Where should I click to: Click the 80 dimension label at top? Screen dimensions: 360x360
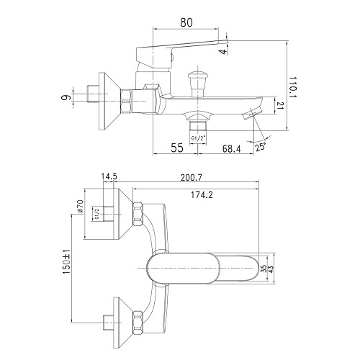coord(186,22)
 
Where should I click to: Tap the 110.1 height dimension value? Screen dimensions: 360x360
coord(293,87)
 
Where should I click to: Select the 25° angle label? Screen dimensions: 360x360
coord(261,146)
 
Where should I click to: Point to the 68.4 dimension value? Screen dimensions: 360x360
coord(231,149)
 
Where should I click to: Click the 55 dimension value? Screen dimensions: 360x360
coord(177,148)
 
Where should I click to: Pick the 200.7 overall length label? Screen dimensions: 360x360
coord(192,178)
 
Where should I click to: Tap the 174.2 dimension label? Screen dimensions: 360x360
coord(202,195)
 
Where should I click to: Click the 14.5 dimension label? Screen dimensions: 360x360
coord(109,176)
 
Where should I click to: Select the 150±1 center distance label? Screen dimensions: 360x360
coord(66,261)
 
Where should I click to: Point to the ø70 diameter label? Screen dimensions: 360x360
coord(80,206)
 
